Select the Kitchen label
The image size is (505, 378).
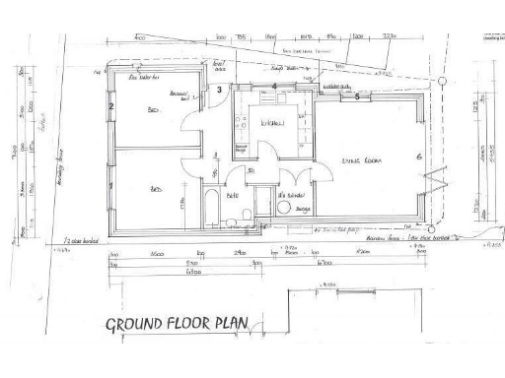(x=273, y=123)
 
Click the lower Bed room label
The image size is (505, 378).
(x=156, y=188)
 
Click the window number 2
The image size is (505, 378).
(x=111, y=106)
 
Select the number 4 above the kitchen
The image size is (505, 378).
(x=274, y=86)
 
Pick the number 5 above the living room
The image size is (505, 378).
(x=357, y=96)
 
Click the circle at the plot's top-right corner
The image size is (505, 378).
(x=443, y=81)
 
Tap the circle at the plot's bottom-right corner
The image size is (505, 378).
(x=440, y=233)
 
